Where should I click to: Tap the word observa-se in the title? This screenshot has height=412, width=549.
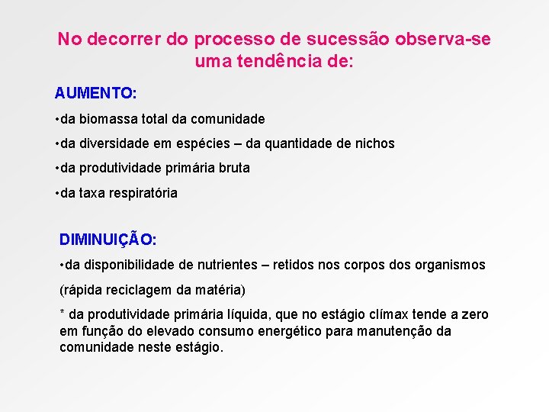(448, 38)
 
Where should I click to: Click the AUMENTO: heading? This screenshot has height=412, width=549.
(95, 93)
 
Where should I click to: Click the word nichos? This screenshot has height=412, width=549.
(376, 143)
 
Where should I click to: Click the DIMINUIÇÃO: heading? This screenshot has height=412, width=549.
(108, 239)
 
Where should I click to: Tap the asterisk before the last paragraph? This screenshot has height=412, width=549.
(62, 314)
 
